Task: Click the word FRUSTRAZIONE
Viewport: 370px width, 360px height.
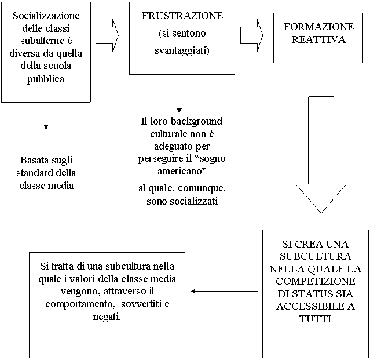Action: pos(182,16)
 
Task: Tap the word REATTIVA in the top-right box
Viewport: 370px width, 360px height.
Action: pos(318,39)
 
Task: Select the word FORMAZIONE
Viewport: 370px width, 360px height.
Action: pos(318,27)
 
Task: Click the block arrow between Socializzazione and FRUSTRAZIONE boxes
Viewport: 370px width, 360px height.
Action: pos(107,35)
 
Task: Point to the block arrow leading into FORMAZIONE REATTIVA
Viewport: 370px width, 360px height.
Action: pos(251,35)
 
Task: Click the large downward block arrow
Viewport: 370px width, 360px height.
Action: pos(321,155)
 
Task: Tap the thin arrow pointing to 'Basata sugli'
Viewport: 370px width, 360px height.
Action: pos(46,119)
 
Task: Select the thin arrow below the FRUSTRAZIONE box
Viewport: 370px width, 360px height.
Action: pos(179,90)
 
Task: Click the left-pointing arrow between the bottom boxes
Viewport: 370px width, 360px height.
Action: pos(224,291)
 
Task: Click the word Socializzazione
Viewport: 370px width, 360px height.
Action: pos(46,16)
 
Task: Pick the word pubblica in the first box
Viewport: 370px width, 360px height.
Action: pos(46,79)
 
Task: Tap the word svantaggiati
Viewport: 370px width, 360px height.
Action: pos(182,51)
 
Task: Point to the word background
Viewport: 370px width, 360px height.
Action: pos(196,121)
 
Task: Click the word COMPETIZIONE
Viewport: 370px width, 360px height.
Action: pos(316,281)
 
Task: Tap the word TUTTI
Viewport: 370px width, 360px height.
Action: pos(316,319)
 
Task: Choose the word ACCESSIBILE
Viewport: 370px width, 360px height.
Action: pos(307,307)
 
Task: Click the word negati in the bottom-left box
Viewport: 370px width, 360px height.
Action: pos(107,317)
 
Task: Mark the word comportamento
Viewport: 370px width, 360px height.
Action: pos(80,304)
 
